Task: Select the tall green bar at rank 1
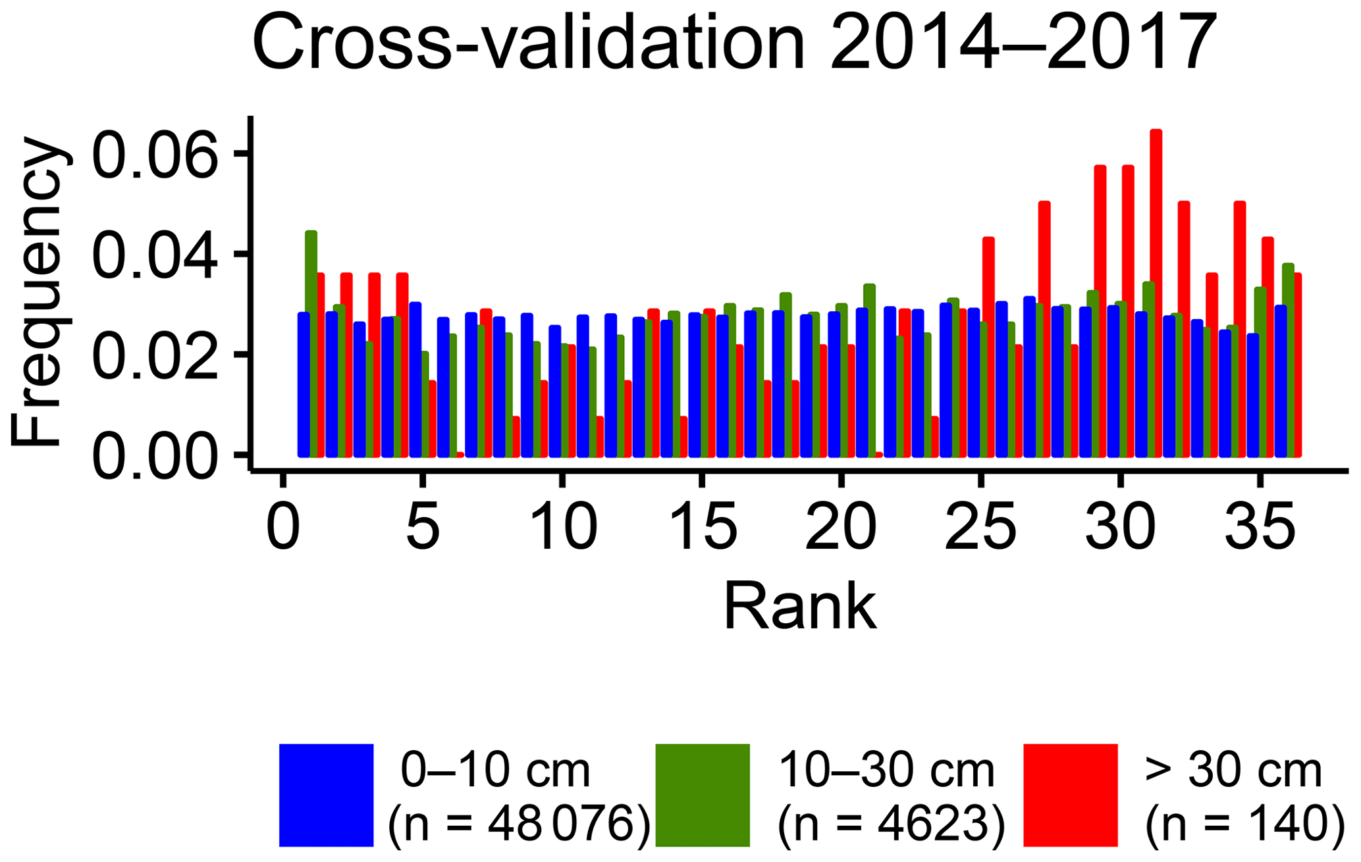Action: point(311,342)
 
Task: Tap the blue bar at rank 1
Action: point(303,385)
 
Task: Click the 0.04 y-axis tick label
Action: point(155,255)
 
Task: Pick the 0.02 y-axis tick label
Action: point(155,355)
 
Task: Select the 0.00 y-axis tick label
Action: point(155,455)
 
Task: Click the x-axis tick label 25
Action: point(980,528)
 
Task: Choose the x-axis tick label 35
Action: point(1260,528)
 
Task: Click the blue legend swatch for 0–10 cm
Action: point(326,794)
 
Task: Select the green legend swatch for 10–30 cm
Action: point(703,794)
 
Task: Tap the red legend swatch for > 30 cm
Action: point(1071,794)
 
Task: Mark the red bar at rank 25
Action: point(988,347)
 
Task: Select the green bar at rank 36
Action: point(1289,360)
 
